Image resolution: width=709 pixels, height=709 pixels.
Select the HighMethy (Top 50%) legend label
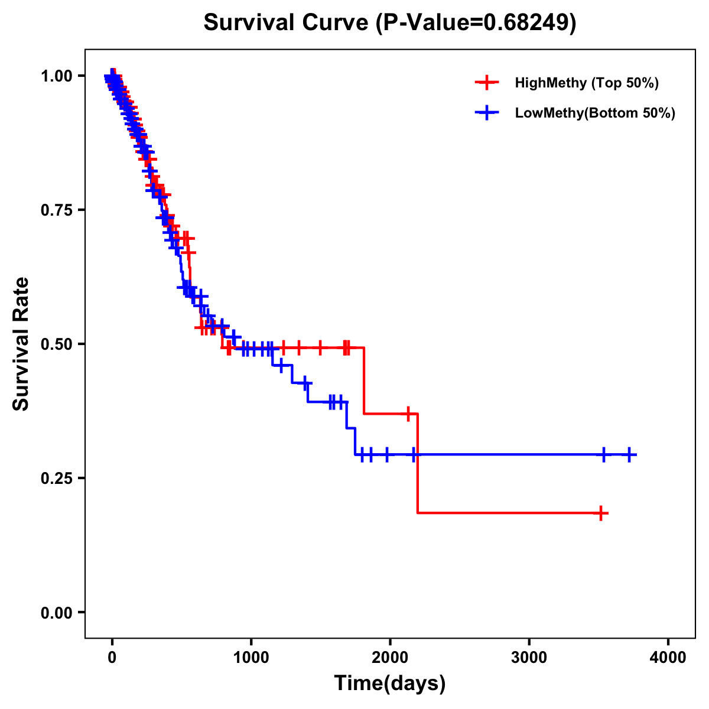pyautogui.click(x=586, y=83)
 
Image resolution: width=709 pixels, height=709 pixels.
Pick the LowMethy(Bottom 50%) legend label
pyautogui.click(x=595, y=113)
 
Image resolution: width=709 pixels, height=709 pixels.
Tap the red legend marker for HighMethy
pyautogui.click(x=487, y=83)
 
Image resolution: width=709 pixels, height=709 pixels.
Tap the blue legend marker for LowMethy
pyautogui.click(x=487, y=113)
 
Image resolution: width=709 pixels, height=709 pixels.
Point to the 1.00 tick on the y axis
pyautogui.click(x=56, y=76)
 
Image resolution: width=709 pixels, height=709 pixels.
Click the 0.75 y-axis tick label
pyautogui.click(x=56, y=210)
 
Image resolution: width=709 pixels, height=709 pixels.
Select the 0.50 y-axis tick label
pyautogui.click(x=56, y=344)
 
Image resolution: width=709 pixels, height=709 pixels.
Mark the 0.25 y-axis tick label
pyautogui.click(x=56, y=478)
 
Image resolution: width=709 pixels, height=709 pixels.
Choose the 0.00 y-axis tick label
pyautogui.click(x=56, y=613)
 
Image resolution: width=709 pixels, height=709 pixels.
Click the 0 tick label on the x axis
pyautogui.click(x=112, y=658)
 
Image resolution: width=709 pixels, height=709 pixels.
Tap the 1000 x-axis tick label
pyautogui.click(x=251, y=658)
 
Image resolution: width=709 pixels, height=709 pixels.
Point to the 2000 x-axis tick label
pyautogui.click(x=390, y=658)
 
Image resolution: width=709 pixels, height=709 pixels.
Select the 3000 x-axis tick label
pyautogui.click(x=529, y=658)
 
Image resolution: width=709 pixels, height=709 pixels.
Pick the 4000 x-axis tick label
pyautogui.click(x=668, y=658)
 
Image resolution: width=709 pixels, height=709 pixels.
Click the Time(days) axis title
pyautogui.click(x=390, y=684)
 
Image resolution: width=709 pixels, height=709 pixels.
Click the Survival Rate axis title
pyautogui.click(x=21, y=343)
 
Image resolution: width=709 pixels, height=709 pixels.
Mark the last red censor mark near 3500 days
pyautogui.click(x=601, y=513)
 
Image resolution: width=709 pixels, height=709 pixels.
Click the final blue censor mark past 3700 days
pyautogui.click(x=629, y=454)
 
